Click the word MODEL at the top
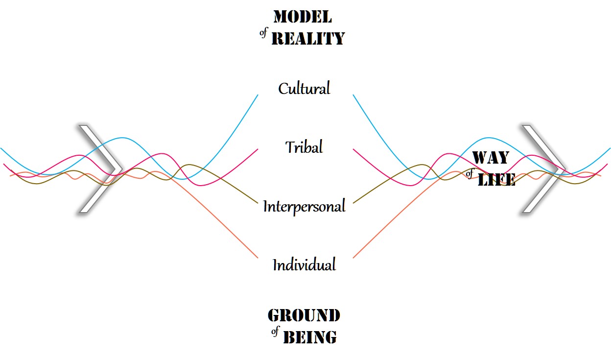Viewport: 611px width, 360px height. pos(303,17)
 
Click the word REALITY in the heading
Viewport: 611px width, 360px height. pos(308,38)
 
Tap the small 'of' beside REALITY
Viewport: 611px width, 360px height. pos(263,35)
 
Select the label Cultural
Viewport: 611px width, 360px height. pos(304,89)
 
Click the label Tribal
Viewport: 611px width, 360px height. pos(304,147)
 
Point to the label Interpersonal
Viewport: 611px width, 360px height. pos(304,206)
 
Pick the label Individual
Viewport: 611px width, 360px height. pos(304,265)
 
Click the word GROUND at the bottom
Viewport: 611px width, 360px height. pos(304,315)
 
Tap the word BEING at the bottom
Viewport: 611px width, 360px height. pos(310,337)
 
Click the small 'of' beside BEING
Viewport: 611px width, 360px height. pos(275,333)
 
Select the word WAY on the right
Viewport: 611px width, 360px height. pos(490,158)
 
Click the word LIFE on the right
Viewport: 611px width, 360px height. pos(496,180)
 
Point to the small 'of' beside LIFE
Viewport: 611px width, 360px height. pos(470,175)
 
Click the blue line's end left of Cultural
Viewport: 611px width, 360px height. pos(258,95)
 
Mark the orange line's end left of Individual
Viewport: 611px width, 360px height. pos(258,257)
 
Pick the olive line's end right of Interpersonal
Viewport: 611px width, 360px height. pos(353,202)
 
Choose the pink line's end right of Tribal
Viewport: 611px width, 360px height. pos(353,149)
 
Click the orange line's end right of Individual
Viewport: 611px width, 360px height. pos(353,257)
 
